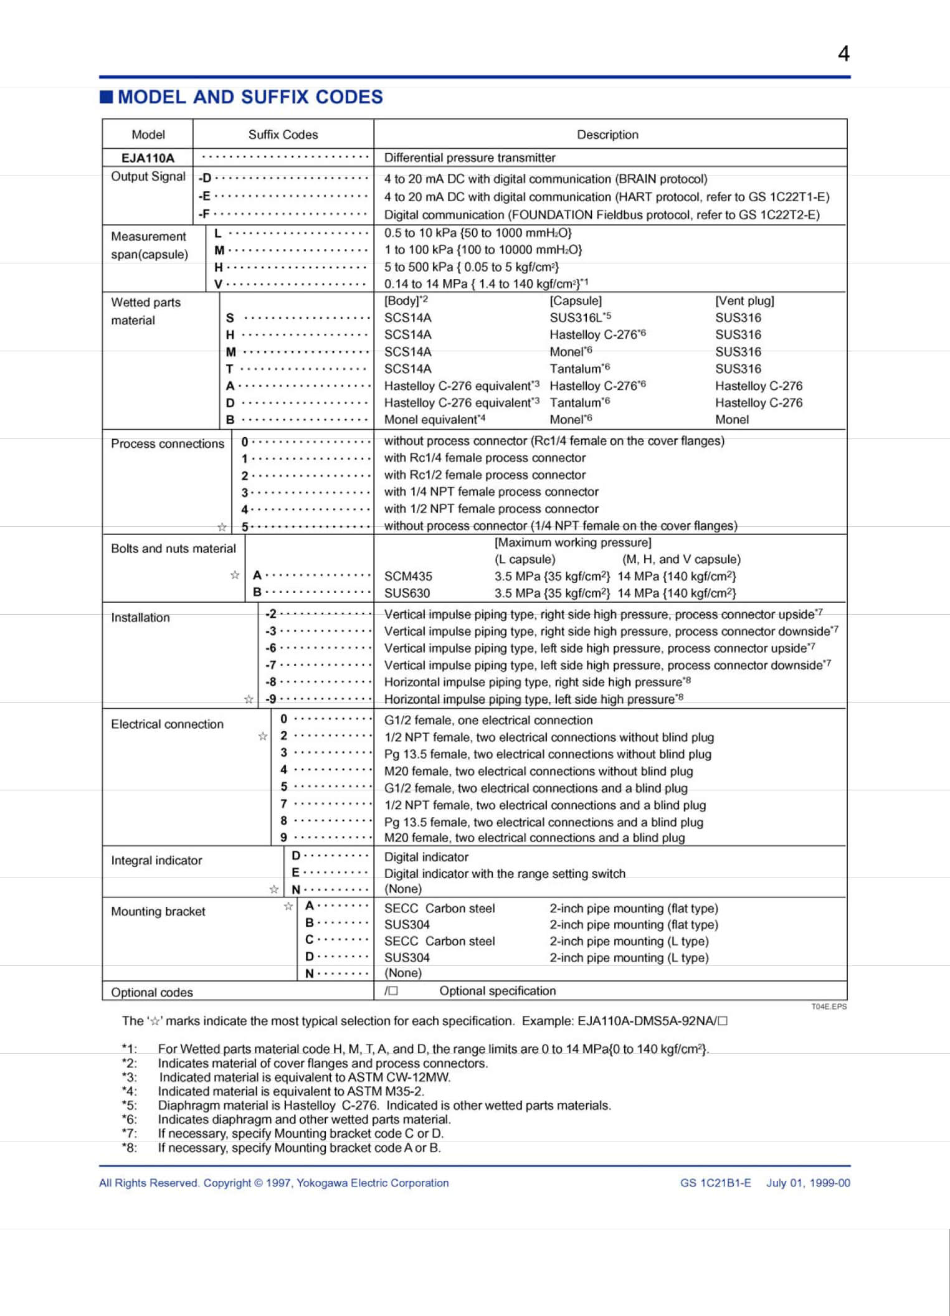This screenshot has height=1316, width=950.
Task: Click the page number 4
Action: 843,54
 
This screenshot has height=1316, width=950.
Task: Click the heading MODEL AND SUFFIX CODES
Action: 250,97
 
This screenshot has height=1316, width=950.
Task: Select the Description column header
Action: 607,135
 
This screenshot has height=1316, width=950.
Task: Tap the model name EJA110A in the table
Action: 148,158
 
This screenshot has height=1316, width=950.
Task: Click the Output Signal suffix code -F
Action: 204,214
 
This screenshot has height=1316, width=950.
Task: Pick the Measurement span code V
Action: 218,284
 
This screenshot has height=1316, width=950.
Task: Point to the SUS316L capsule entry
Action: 576,318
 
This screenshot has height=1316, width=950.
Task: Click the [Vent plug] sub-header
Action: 744,301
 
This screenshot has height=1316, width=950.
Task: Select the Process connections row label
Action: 167,443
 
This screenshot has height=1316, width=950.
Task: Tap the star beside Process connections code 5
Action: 222,528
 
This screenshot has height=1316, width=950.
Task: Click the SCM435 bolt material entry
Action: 408,576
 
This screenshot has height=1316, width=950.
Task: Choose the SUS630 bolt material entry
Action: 407,593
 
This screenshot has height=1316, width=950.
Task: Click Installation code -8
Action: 271,682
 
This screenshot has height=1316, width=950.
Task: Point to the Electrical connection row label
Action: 167,724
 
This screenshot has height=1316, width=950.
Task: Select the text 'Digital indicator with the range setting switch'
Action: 505,873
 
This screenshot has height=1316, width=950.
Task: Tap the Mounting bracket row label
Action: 158,911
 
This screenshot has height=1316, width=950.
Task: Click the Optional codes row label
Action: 151,992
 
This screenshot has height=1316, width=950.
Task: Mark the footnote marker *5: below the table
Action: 130,1105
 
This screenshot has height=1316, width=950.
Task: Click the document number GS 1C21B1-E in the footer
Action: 715,1183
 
